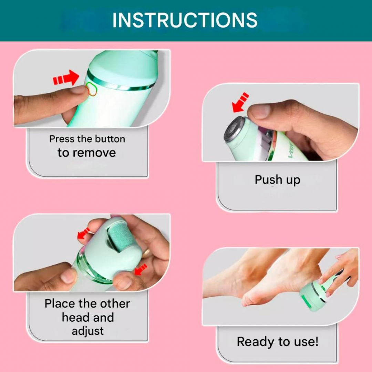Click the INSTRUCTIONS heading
click(x=185, y=20)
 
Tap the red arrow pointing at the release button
click(x=66, y=77)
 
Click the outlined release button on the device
click(x=92, y=89)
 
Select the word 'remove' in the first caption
click(x=94, y=153)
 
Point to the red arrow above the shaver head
click(x=240, y=103)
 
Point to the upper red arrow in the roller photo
click(x=83, y=233)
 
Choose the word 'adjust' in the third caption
click(x=88, y=331)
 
